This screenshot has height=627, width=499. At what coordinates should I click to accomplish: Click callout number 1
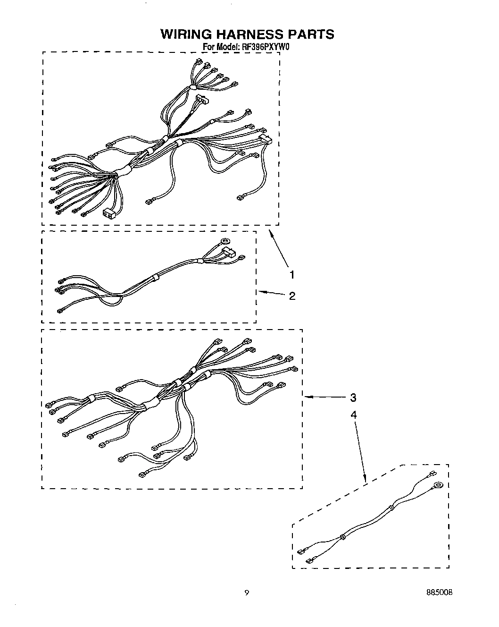pos(292,274)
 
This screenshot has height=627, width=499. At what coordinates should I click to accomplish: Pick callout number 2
pos(292,296)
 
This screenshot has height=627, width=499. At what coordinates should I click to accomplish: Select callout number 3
pos(353,398)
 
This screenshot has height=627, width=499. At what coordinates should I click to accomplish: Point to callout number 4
pos(353,415)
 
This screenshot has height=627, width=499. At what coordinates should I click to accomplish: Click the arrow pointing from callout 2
pos(272,294)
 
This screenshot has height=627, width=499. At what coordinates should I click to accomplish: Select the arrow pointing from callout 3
pos(325,398)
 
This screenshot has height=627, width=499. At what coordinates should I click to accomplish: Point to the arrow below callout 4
pos(360,453)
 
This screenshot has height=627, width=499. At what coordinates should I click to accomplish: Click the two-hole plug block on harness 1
pos(109,213)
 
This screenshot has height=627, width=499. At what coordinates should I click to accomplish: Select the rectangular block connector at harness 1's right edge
pos(266,139)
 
